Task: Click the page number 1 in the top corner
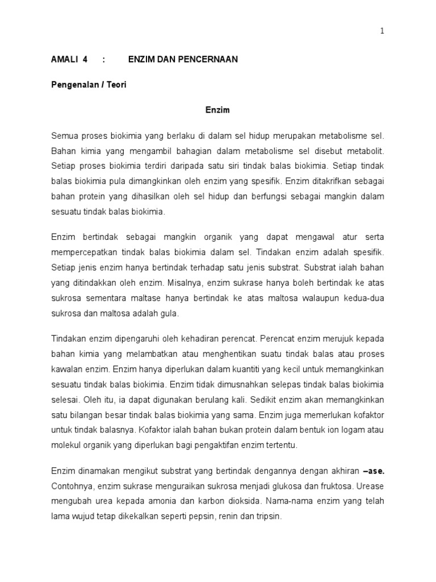(382, 31)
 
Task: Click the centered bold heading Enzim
(217, 110)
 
